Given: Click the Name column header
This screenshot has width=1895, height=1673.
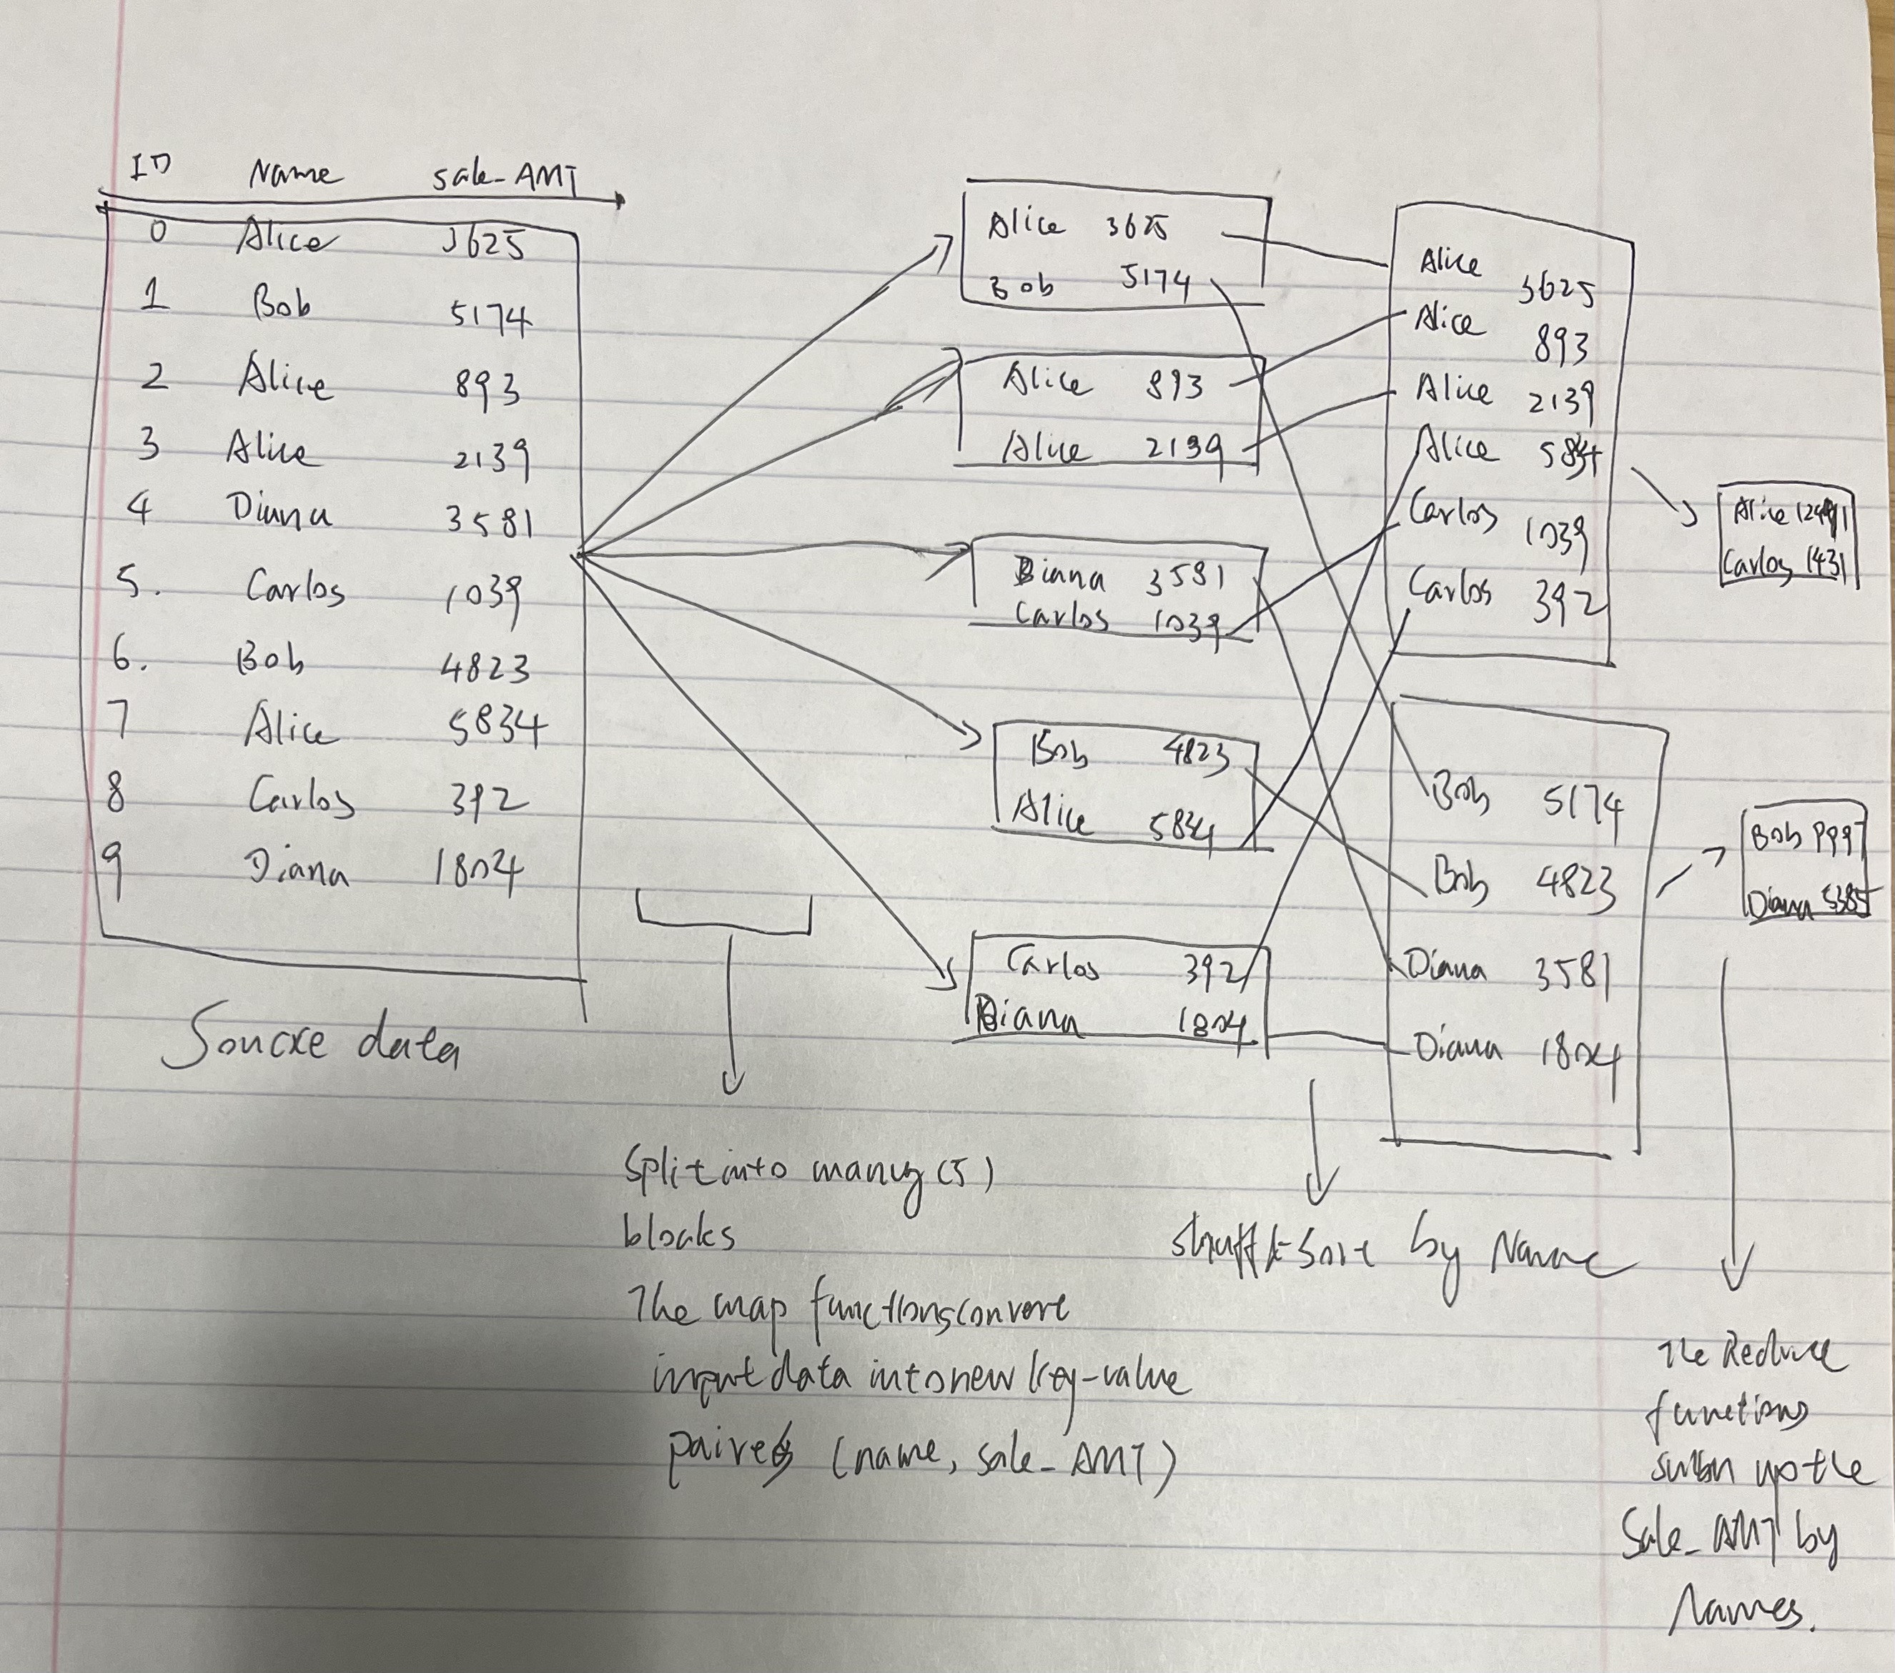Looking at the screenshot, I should click(x=294, y=174).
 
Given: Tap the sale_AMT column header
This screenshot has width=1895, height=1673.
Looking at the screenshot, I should click(x=505, y=177).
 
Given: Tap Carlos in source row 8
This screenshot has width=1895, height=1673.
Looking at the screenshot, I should click(x=302, y=798).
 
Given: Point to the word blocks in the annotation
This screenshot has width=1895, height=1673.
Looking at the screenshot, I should click(x=681, y=1233).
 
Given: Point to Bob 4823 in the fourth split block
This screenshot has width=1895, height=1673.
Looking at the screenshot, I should click(x=1131, y=755).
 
